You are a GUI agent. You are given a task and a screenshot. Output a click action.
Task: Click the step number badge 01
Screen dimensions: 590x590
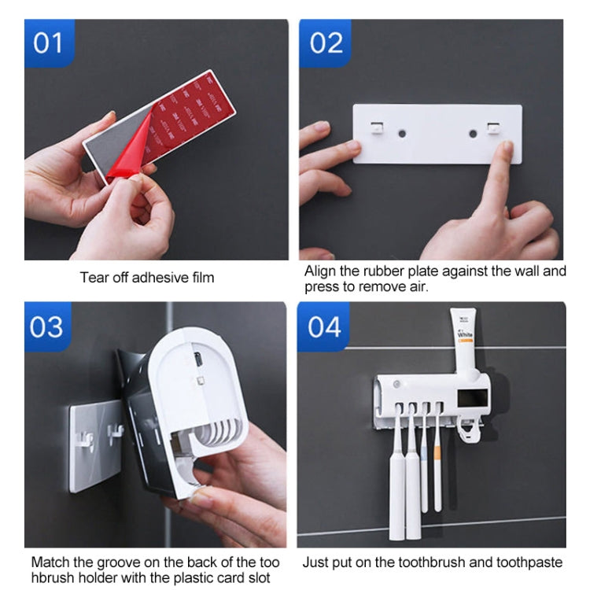click(x=48, y=42)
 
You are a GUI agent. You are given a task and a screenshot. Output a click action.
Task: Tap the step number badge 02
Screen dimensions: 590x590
click(x=326, y=42)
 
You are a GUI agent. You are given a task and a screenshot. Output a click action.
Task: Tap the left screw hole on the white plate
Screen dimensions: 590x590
click(x=402, y=134)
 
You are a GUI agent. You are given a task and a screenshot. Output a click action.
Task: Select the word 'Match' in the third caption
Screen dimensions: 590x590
click(x=49, y=562)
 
